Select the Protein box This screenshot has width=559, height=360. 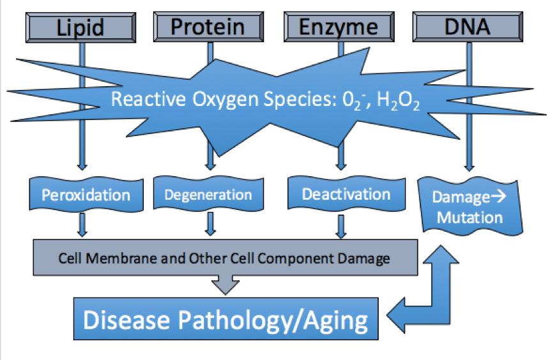click(x=208, y=27)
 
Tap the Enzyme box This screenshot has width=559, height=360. click(x=339, y=27)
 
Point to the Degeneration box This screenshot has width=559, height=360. click(x=208, y=195)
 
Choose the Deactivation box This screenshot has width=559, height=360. click(x=345, y=194)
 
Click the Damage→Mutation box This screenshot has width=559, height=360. click(x=468, y=207)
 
